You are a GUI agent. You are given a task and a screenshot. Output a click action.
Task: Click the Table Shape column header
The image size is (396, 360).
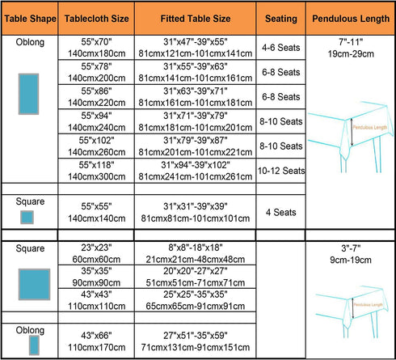point(30,19)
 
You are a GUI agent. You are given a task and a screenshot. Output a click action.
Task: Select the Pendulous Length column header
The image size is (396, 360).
point(351,19)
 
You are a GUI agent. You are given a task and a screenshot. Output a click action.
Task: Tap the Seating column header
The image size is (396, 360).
point(281,19)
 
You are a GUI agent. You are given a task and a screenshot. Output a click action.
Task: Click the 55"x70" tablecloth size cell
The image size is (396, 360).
point(96,48)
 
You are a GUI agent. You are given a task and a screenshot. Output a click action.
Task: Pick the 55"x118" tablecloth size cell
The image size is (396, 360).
point(96,171)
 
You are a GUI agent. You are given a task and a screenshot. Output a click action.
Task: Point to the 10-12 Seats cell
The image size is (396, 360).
point(281,171)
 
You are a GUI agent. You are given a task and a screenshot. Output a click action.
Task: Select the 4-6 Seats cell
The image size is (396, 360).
point(281,48)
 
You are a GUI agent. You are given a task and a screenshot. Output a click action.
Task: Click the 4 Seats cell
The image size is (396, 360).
point(281,212)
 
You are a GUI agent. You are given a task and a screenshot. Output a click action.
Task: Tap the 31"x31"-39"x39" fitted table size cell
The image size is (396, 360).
point(196,212)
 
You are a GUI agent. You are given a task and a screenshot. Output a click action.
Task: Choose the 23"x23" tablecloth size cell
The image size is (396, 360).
point(96,253)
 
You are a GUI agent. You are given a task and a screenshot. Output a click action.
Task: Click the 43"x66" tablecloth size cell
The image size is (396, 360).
point(96,341)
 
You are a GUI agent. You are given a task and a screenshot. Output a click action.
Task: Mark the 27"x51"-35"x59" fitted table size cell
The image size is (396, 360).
point(196,341)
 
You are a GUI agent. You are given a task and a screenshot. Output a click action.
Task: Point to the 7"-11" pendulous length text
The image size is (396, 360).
point(351,42)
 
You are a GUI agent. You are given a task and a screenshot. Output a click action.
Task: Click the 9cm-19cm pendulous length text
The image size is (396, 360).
point(351,260)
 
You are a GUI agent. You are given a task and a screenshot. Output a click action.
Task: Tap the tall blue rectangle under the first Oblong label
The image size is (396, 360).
point(28,94)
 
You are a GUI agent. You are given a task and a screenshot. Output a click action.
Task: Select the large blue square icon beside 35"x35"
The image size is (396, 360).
point(34,284)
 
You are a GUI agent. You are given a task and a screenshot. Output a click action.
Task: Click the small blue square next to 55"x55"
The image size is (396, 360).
point(27,218)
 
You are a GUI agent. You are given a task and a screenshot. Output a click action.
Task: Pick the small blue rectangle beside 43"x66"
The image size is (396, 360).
point(34,345)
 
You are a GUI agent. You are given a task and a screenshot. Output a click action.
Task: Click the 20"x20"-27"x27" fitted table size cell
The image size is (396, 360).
point(196,277)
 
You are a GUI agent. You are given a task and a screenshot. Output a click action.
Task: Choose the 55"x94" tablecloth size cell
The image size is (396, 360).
point(96,121)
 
